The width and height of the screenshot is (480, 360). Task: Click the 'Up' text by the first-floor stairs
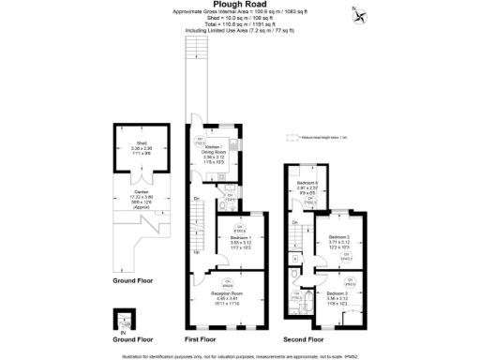pyautogui.click(x=196, y=252)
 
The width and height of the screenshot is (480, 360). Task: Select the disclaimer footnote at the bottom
pyautogui.click(x=240, y=354)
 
